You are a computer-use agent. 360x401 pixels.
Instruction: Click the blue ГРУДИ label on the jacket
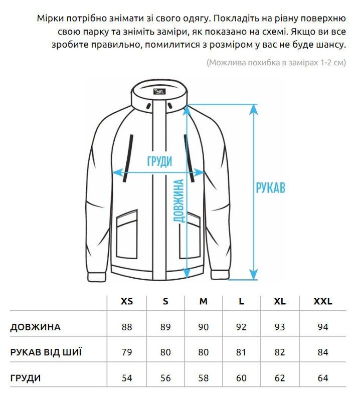159,161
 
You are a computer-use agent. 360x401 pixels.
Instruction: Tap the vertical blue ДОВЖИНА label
178,200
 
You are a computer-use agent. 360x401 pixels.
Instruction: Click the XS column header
127,301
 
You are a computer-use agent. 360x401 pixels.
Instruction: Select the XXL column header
323,301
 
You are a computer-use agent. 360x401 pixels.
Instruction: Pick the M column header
203,301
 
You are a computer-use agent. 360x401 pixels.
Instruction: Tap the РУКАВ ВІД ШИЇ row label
46,352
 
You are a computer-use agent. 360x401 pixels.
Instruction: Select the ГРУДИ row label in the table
26,377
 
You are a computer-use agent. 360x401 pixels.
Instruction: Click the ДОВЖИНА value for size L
241,327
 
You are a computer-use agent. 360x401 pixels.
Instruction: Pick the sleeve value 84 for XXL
323,352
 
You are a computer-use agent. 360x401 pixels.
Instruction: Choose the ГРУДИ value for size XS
127,377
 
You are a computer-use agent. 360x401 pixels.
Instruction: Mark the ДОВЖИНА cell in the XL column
280,327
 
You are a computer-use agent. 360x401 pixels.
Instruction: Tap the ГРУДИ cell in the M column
203,377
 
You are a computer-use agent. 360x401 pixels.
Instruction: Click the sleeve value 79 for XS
127,352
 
